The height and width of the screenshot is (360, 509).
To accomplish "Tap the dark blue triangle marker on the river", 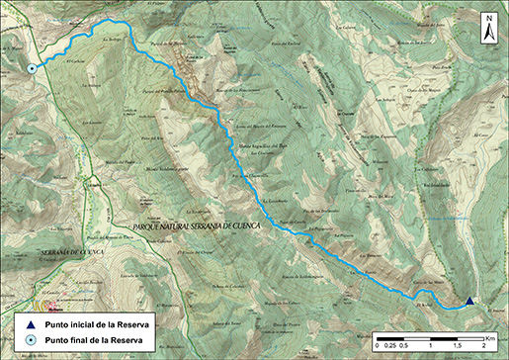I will [469, 302].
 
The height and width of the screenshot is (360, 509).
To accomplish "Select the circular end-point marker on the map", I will [32, 68].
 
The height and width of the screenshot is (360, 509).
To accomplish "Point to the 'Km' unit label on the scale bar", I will [489, 338].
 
